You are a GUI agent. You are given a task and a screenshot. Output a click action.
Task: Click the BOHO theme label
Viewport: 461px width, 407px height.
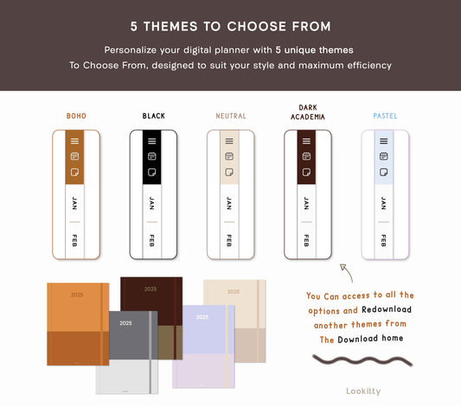(76, 116)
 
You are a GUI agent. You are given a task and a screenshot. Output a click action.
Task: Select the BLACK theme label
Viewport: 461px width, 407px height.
(153, 116)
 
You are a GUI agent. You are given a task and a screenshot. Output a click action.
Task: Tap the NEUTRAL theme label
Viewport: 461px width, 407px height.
(231, 116)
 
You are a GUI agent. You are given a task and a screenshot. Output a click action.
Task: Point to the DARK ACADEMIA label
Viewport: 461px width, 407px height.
(308, 112)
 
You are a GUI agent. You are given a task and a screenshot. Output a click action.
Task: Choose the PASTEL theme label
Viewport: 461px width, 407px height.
(385, 116)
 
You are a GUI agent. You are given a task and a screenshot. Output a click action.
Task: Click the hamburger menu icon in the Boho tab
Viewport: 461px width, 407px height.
(74, 141)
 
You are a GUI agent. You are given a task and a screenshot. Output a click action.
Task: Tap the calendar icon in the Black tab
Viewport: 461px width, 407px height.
(152, 156)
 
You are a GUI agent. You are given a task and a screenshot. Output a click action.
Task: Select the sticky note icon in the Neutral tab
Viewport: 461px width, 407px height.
(229, 172)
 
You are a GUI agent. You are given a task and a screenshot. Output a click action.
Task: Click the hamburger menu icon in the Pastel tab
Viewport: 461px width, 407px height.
(384, 141)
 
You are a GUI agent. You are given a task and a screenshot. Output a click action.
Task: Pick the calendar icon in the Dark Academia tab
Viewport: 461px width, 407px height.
(306, 156)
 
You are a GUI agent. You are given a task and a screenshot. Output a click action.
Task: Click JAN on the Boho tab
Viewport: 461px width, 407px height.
(74, 203)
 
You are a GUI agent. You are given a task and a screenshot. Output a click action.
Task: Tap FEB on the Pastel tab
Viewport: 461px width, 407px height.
(384, 240)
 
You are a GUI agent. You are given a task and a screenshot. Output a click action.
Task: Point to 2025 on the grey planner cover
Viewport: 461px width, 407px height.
(125, 323)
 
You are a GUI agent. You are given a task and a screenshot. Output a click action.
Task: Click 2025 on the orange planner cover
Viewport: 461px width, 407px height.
(77, 295)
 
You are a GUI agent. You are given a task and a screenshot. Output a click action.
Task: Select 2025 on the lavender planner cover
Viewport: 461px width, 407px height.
(202, 317)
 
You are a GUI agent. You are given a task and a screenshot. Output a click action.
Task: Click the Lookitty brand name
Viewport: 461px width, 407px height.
(363, 391)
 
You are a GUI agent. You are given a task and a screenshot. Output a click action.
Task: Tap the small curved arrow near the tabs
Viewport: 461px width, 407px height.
(347, 272)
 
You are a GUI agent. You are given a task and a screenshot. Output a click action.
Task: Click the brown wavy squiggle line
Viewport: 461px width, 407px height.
(362, 360)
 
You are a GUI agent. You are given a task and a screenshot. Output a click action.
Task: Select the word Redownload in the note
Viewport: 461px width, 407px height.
(387, 309)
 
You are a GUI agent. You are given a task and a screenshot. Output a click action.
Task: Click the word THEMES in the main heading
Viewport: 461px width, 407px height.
(170, 27)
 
